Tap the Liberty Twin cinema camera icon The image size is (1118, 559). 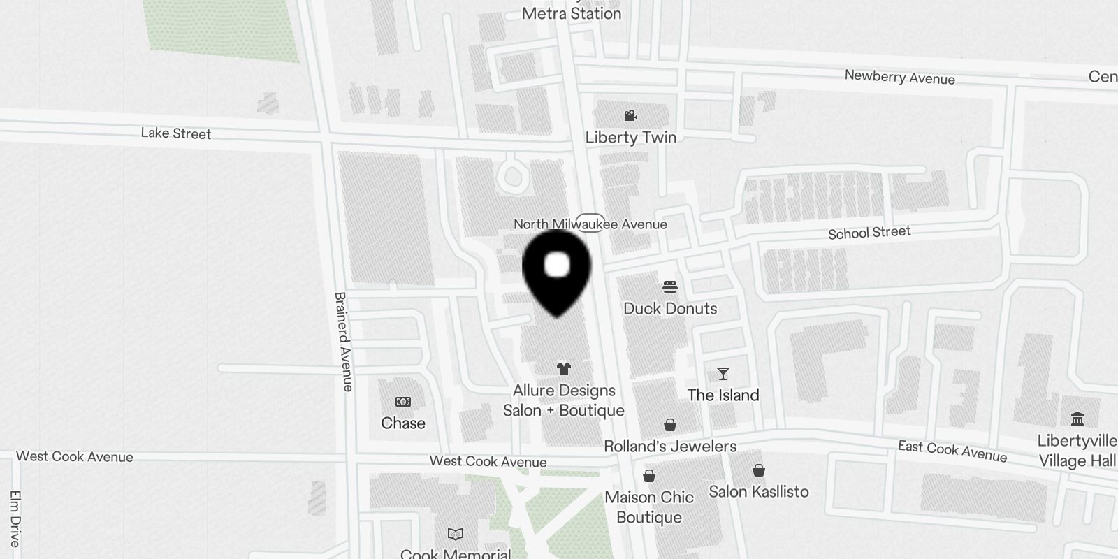[x=631, y=115]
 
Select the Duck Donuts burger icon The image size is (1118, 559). [x=670, y=286]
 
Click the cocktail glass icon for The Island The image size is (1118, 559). [x=723, y=374]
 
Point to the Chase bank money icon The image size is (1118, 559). [x=403, y=402]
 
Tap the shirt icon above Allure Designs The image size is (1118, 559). [x=564, y=368]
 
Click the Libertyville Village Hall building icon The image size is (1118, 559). [x=1077, y=419]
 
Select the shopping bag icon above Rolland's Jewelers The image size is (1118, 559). [x=670, y=425]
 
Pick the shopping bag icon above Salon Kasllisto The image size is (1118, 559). [x=759, y=470]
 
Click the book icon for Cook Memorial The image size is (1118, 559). [x=456, y=535]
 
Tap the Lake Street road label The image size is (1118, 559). [x=176, y=133]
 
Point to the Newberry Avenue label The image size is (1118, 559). [x=899, y=77]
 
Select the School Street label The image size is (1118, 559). [x=869, y=232]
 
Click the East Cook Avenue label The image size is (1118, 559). [x=952, y=451]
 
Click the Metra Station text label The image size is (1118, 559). [x=572, y=13]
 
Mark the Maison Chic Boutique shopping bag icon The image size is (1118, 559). [x=649, y=476]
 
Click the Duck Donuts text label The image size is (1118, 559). [x=670, y=308]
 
